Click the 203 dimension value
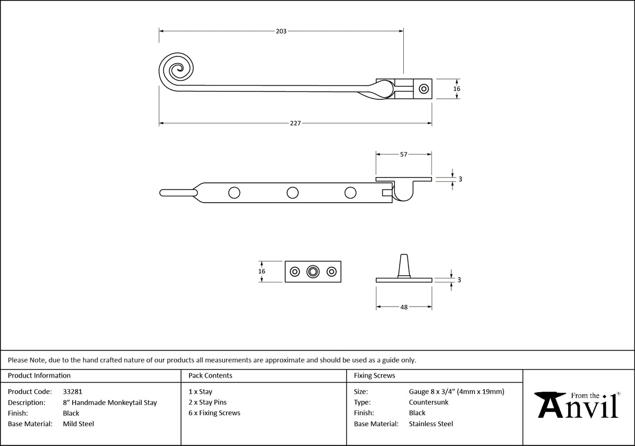(x=281, y=31)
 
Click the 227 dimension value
(x=295, y=123)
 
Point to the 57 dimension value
(x=403, y=155)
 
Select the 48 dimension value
(x=404, y=307)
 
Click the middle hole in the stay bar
(x=293, y=193)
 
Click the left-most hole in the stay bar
(x=234, y=193)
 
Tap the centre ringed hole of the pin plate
(x=313, y=272)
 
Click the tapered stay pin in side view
(x=404, y=265)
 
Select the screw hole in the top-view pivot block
(x=424, y=89)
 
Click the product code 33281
(x=72, y=391)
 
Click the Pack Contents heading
(x=210, y=375)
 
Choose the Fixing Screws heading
(x=375, y=375)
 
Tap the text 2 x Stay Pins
(x=207, y=402)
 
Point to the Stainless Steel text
(x=431, y=424)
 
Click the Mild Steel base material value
(x=78, y=424)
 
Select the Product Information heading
(x=39, y=375)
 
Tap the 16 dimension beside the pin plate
(x=262, y=271)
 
